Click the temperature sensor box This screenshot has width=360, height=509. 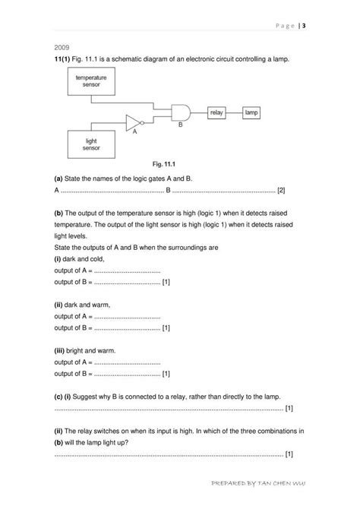90,82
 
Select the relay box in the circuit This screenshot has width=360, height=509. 219,112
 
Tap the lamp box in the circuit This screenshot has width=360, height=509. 251,112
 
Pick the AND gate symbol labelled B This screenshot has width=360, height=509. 182,112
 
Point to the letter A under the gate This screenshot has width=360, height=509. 134,131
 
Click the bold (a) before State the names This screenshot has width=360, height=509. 58,178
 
